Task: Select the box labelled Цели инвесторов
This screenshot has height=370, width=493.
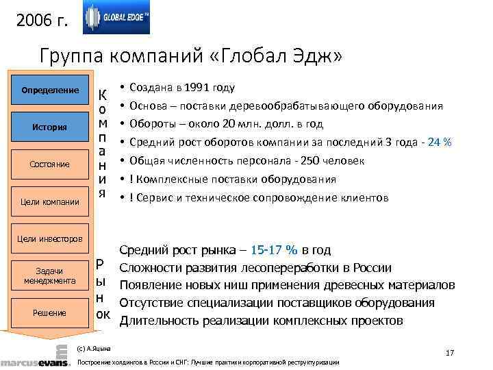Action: click(x=47, y=238)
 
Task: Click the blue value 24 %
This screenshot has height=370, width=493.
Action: click(x=437, y=143)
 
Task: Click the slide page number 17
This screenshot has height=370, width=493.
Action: click(x=450, y=353)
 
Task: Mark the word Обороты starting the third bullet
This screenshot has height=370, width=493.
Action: click(x=150, y=124)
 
